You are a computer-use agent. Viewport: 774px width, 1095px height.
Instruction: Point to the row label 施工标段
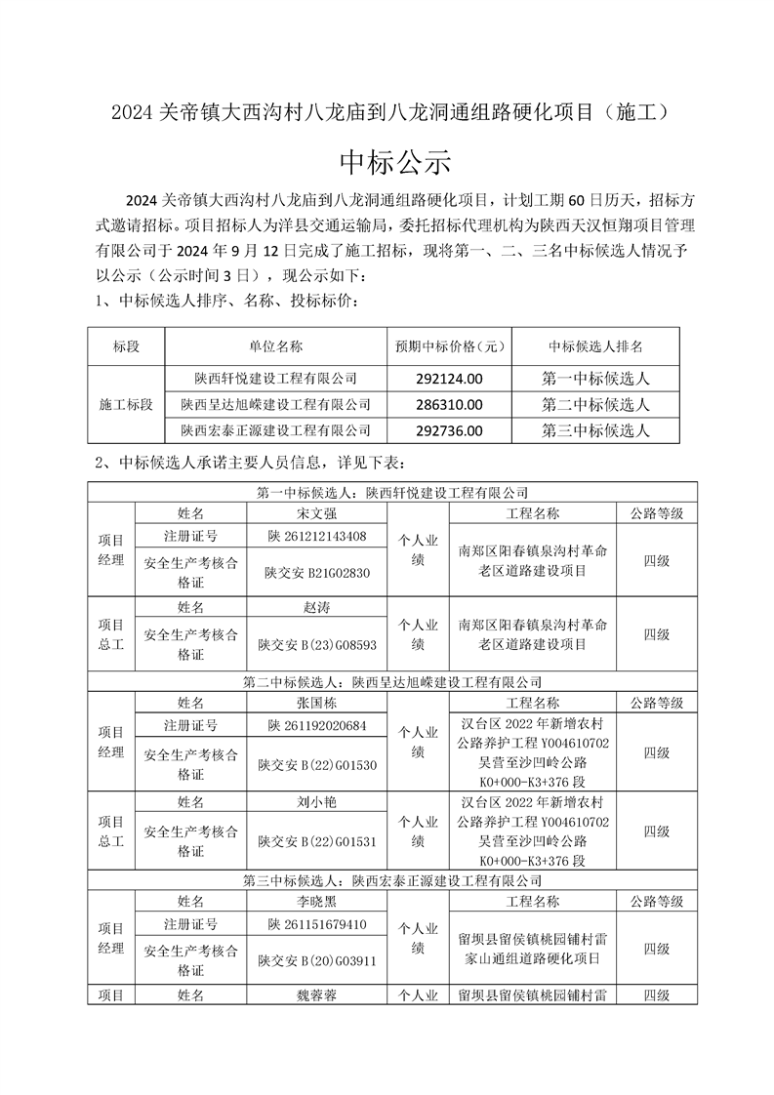coord(126,404)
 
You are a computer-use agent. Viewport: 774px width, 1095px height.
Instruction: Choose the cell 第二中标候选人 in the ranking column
coord(595,404)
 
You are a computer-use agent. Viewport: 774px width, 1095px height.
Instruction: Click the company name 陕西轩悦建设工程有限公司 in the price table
coord(275,378)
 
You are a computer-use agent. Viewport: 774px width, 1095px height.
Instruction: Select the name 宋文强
coord(316,512)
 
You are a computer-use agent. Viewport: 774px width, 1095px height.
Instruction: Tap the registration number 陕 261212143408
coord(316,536)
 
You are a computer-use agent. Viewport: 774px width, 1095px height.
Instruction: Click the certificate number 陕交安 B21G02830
coord(316,573)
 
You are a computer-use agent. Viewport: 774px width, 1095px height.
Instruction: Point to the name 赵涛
coord(316,607)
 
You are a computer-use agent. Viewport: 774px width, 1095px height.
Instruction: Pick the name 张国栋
coord(316,703)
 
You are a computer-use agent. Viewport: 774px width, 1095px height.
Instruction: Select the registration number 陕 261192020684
coord(316,726)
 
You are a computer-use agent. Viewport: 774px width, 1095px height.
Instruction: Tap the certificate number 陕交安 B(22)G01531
coord(316,840)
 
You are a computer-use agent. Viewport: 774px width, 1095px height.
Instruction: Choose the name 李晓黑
coord(316,901)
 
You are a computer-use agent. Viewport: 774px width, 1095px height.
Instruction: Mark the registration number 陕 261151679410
coord(316,924)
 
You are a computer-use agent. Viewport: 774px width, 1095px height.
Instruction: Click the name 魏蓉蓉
coord(316,995)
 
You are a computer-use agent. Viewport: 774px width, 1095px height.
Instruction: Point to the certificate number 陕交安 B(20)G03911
coord(316,960)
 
